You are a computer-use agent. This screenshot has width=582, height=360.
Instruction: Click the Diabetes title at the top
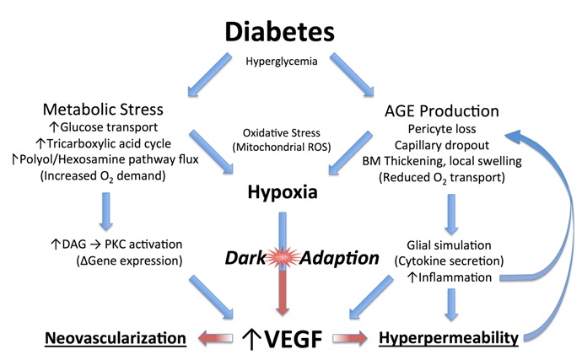280,31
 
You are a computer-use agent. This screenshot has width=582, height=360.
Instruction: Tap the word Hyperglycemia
282,62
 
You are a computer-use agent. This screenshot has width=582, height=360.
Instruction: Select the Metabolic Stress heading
103,110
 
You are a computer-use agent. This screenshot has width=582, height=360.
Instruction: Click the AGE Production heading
442,111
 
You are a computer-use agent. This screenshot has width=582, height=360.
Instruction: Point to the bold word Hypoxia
283,192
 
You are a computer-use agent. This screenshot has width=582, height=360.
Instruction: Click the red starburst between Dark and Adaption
283,257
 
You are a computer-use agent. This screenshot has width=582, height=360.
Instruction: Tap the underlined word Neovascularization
116,338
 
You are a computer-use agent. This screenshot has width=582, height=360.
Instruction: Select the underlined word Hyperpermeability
449,338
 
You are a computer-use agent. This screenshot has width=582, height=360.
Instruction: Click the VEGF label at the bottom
293,338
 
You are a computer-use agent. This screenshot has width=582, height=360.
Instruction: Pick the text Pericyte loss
442,129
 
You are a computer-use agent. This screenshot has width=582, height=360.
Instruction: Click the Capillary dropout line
442,145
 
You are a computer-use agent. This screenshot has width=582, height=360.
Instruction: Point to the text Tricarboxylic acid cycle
109,143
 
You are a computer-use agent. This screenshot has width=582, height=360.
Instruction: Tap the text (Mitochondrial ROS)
282,148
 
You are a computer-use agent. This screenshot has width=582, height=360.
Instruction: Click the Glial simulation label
449,245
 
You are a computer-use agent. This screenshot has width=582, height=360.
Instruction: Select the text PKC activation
143,244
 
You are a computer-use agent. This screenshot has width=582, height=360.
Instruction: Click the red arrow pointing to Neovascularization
215,338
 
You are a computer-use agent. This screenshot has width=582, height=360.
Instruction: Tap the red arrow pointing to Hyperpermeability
350,338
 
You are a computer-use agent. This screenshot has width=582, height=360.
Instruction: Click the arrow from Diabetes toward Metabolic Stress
210,74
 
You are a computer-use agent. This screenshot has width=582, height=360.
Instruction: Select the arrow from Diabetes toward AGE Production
352,74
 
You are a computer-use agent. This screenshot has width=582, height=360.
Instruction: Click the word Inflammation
455,277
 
